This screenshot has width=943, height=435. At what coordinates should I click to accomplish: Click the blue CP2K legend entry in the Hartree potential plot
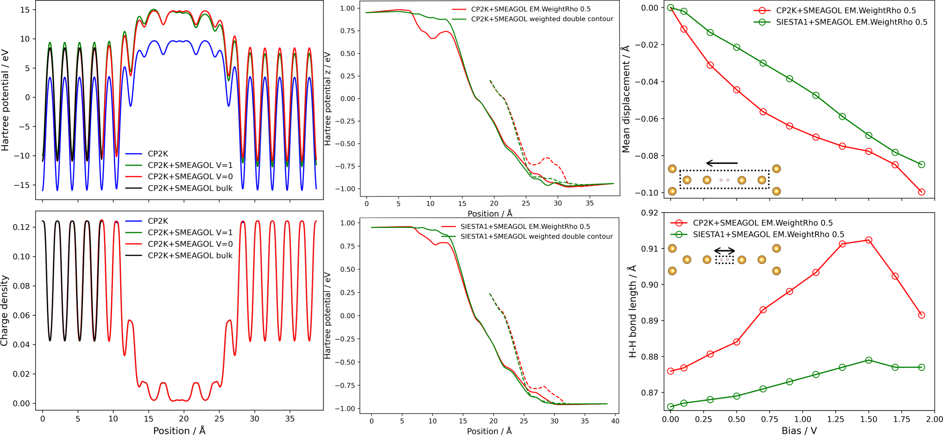(158, 154)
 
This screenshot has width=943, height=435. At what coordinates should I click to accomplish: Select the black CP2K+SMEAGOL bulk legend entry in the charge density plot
(190, 256)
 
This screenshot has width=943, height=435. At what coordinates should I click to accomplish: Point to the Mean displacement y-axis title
(626, 99)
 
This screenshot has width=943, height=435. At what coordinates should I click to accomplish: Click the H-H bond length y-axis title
(632, 311)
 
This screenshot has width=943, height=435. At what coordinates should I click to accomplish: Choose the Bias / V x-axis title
(799, 430)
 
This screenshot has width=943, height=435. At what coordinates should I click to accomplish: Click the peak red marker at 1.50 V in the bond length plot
(868, 240)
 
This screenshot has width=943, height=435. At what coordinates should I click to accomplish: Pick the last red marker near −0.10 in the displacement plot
(922, 192)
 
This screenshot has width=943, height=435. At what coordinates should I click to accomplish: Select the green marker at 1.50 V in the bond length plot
(868, 360)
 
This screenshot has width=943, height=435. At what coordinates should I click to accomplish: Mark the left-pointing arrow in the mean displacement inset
(722, 163)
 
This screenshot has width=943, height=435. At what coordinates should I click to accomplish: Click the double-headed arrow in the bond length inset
(724, 251)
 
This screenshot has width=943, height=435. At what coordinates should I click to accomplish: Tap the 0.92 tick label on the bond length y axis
(649, 213)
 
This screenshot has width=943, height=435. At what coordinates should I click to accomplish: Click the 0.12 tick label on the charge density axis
(21, 227)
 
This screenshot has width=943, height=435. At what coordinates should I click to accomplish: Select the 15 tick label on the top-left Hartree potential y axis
(25, 10)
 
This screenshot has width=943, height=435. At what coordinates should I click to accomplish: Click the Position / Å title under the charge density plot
(179, 430)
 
